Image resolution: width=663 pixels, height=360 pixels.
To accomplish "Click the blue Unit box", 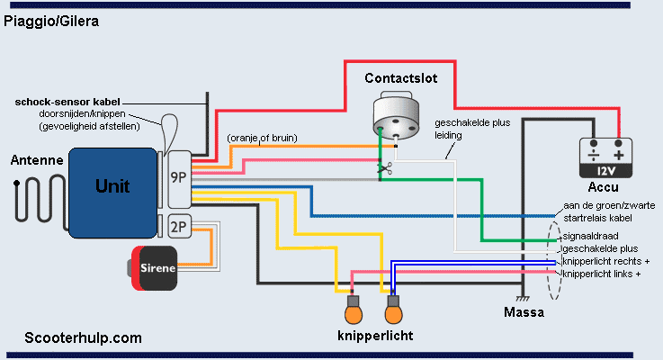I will [112, 186].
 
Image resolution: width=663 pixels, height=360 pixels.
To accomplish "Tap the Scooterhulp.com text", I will [84, 338].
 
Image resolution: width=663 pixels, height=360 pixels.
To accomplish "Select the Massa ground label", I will [524, 312].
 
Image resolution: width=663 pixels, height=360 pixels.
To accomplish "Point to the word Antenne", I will [36, 161].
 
